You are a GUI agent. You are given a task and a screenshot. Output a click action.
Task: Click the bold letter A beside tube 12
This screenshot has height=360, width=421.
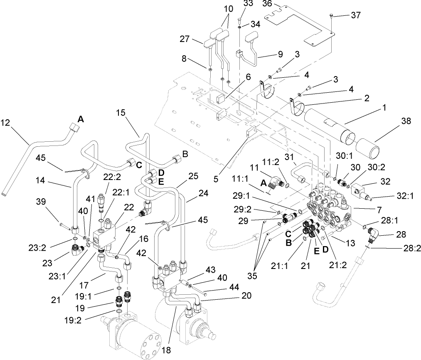click(81, 119)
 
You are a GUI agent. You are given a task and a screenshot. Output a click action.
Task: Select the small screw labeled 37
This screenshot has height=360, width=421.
click(330, 16)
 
